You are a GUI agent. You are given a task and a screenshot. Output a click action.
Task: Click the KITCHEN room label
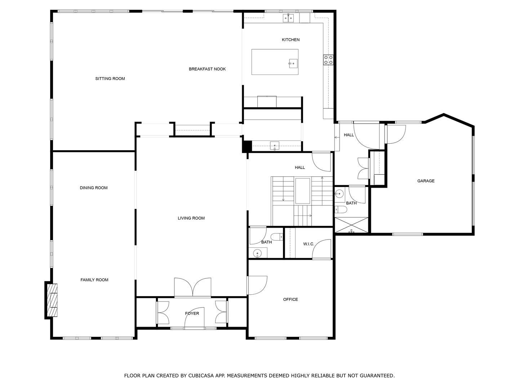290,40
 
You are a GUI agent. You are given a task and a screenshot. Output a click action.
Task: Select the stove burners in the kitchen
328,59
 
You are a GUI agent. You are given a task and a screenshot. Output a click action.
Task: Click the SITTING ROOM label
110,79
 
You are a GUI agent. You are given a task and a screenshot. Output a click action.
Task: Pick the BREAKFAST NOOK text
207,69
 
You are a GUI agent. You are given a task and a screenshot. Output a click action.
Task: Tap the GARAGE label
426,181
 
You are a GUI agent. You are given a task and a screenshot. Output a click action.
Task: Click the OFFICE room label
290,299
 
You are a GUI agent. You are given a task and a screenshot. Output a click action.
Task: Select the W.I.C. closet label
309,244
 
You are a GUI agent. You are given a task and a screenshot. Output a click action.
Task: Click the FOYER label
192,313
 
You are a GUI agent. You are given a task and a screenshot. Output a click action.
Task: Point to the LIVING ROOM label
191,218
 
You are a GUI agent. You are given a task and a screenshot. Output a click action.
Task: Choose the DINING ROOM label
94,188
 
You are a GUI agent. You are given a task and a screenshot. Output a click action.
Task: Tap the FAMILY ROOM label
94,280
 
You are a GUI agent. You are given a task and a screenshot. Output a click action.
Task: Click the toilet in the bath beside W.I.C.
277,237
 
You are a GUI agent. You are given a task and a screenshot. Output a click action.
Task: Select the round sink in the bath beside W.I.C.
257,254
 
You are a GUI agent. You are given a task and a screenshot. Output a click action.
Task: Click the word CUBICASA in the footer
202,376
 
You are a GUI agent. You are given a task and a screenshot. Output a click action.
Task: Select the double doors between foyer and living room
192,287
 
